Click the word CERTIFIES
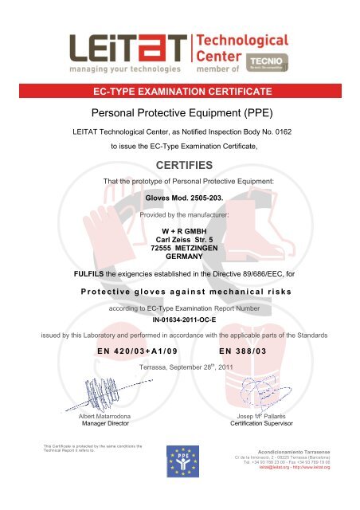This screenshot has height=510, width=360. click(x=179, y=164)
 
